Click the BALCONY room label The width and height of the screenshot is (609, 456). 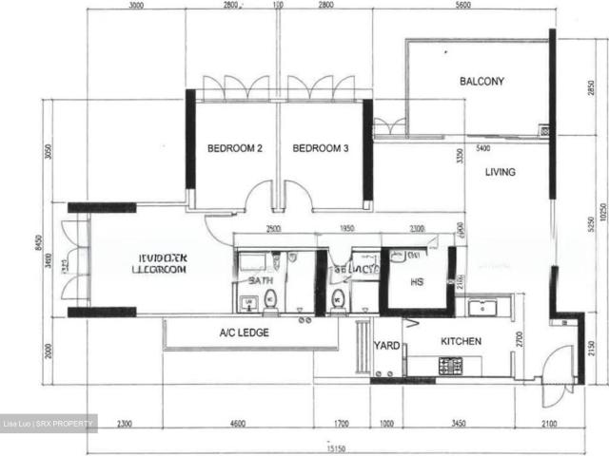(x=481, y=82)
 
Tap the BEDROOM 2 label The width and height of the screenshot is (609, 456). (x=235, y=148)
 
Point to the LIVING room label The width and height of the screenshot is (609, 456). (x=500, y=173)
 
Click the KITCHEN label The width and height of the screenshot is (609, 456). (x=461, y=341)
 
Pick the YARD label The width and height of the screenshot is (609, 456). (x=385, y=347)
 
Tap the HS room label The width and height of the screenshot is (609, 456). (x=417, y=282)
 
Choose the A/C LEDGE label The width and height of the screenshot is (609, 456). (x=244, y=332)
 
